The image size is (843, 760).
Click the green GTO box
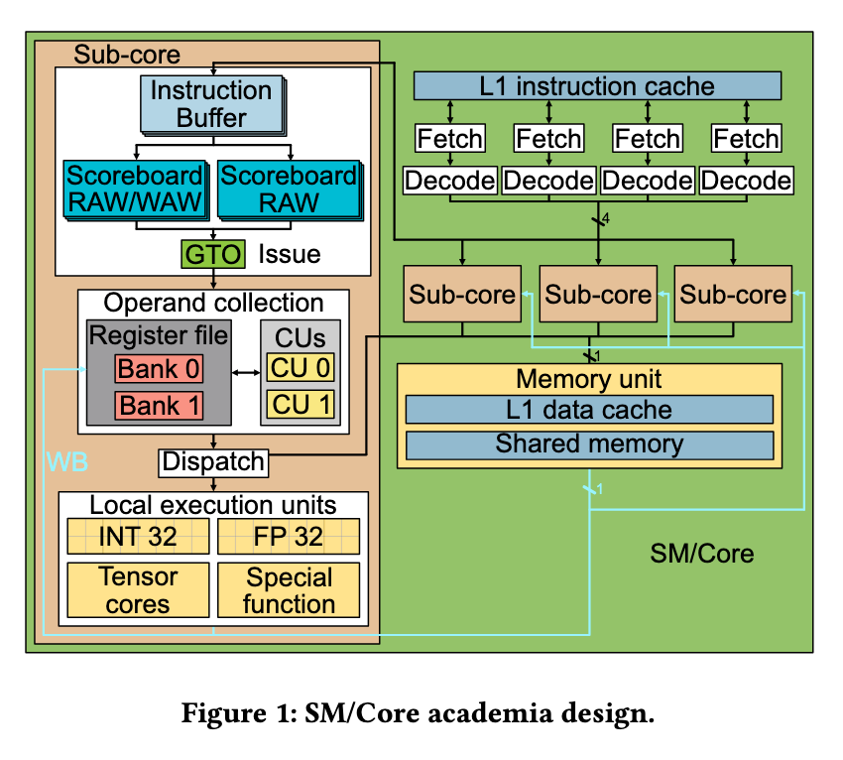(x=213, y=254)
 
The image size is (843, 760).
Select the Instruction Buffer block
(x=213, y=105)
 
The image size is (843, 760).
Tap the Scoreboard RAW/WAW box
(x=137, y=190)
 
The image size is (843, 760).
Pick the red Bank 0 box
(x=159, y=368)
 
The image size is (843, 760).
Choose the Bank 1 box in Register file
(x=159, y=405)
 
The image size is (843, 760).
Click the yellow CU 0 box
(x=301, y=368)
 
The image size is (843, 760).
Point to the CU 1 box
(x=301, y=405)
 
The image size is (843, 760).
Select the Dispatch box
(x=213, y=462)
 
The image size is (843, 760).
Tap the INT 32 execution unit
(x=138, y=536)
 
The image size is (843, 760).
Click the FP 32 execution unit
(x=289, y=536)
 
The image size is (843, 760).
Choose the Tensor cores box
(x=138, y=590)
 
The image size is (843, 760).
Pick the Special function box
(x=289, y=590)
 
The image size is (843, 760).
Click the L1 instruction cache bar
(x=597, y=86)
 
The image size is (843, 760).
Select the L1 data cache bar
(x=589, y=410)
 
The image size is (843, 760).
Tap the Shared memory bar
(x=589, y=444)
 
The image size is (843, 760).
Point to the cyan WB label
(x=67, y=462)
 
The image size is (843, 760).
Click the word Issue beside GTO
(x=290, y=254)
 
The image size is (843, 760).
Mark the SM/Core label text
(x=701, y=554)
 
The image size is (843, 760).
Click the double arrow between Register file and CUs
(x=246, y=372)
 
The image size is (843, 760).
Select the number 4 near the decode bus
(x=606, y=218)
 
